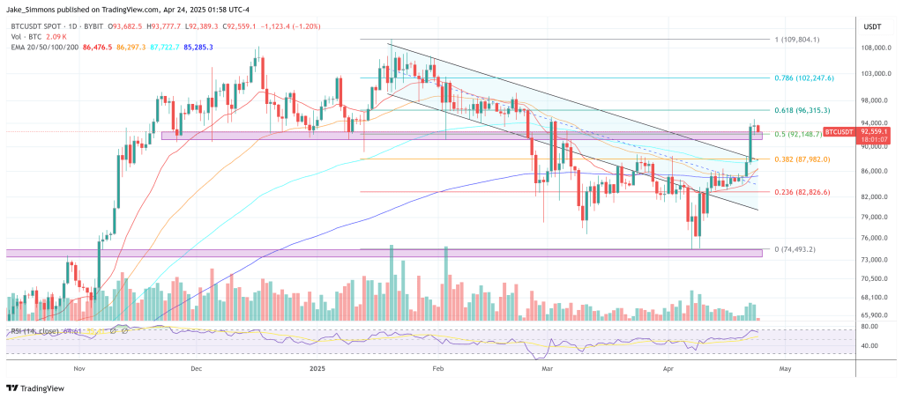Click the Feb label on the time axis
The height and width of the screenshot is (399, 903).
pyautogui.click(x=437, y=371)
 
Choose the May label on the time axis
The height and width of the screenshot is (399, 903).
pyautogui.click(x=783, y=371)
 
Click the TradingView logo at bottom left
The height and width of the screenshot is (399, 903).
pyautogui.click(x=33, y=388)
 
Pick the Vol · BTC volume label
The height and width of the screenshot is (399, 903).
pyautogui.click(x=23, y=38)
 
